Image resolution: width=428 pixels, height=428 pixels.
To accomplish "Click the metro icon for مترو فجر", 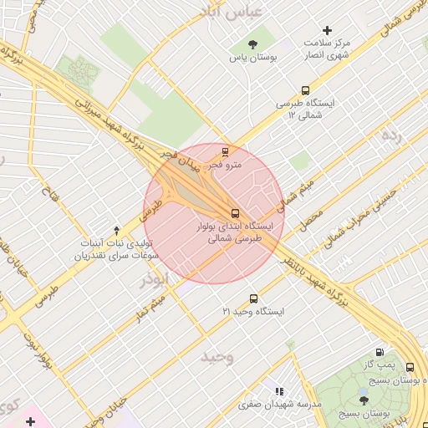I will click(x=225, y=151).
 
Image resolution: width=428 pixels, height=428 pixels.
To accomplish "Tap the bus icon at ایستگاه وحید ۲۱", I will click(x=253, y=298).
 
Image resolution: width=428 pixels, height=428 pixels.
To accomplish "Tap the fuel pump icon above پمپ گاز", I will click(x=381, y=353).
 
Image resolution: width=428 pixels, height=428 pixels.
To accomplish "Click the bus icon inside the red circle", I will click(x=234, y=212).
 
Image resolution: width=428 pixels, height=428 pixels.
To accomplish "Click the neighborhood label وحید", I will click(x=217, y=357).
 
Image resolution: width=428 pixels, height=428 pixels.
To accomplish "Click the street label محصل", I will click(x=311, y=219).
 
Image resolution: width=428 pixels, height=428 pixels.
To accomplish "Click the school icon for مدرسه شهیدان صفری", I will click(x=279, y=390).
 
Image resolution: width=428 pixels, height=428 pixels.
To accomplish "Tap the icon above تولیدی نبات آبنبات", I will click(x=116, y=229).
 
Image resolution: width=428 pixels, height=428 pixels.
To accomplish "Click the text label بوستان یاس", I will click(x=254, y=59).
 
